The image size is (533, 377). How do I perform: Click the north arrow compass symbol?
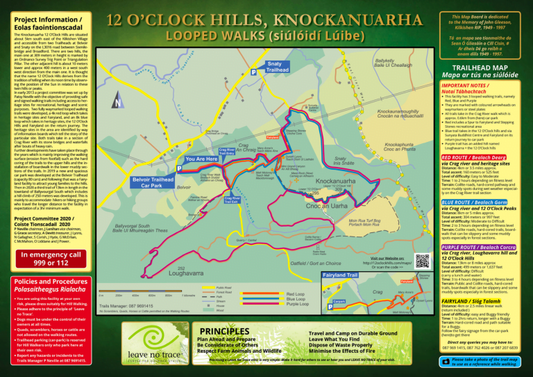tap(119, 102)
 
